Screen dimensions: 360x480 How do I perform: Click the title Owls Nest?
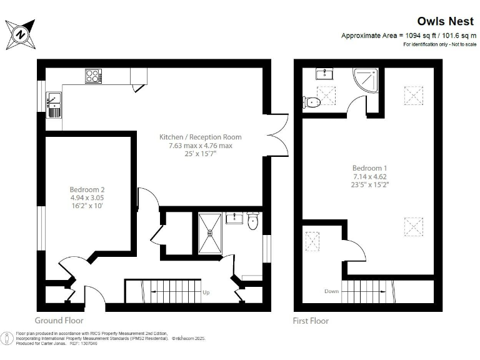441,21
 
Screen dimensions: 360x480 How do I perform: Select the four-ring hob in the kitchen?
93,76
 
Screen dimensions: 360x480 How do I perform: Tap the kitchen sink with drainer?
54,104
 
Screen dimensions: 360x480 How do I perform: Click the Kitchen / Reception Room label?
200,137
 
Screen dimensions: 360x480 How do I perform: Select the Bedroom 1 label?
369,168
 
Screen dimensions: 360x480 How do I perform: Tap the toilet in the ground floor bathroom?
252,221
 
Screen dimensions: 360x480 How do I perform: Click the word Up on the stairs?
206,292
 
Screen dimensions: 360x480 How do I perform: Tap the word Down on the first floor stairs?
331,291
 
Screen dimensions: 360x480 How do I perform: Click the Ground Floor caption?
60,321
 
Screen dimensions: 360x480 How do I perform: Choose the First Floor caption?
311,321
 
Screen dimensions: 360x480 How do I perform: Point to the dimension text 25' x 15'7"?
200,154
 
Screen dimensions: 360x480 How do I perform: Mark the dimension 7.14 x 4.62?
369,176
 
